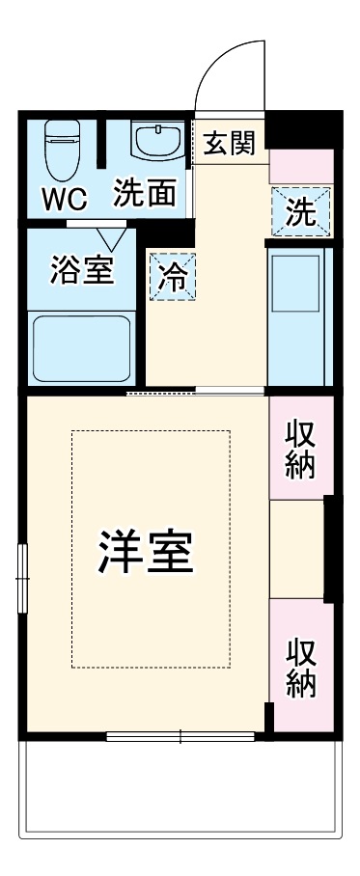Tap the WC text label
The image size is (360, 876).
click(64, 200)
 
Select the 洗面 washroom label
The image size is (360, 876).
click(145, 194)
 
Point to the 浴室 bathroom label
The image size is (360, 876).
click(82, 269)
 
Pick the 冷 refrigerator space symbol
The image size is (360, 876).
click(173, 276)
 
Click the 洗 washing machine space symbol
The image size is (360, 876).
click(300, 211)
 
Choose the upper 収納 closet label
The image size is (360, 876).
click(299, 449)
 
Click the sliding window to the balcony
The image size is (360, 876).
click(180, 737)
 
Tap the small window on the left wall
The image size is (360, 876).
click(23, 577)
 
